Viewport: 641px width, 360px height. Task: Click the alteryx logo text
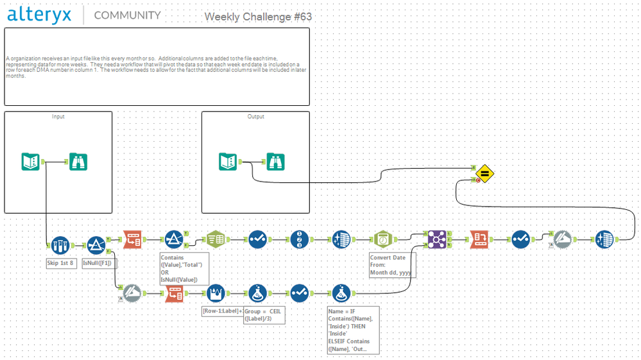coord(39,15)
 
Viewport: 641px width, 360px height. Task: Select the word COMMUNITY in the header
coord(127,15)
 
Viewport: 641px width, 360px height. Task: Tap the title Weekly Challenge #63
coord(258,17)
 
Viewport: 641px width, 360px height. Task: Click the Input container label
coord(58,117)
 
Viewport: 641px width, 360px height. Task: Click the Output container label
coord(255,117)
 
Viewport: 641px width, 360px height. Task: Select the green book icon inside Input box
coord(31,162)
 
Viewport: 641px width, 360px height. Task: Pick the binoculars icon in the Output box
coord(275,162)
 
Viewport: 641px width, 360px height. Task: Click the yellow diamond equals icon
coord(485,173)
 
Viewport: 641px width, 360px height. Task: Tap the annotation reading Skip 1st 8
coord(62,263)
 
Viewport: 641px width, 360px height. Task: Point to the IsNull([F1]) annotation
coord(99,263)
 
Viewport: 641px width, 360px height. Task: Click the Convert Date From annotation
coord(391,265)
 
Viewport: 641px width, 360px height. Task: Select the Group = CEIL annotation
coord(262,315)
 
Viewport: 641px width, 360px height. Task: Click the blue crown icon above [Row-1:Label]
coord(216,293)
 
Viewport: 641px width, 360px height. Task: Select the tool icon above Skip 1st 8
coord(60,244)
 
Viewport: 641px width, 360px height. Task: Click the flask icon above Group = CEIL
coord(259,293)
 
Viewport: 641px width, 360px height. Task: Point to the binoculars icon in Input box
coord(78,162)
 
